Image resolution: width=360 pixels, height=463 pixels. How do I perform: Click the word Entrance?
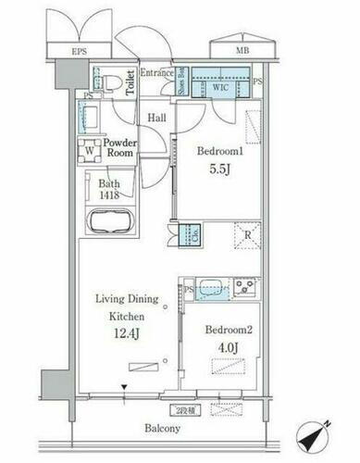coord(157,72)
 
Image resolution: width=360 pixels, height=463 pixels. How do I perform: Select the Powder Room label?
coord(118,149)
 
